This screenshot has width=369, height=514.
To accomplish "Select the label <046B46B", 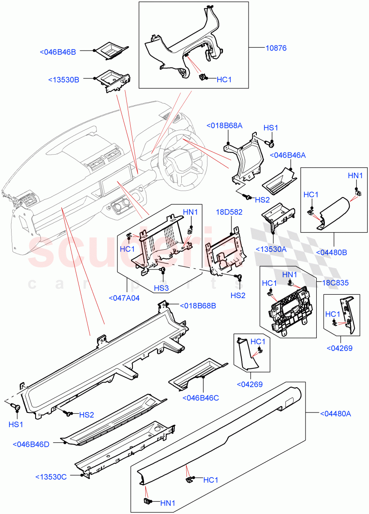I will pos(58,52).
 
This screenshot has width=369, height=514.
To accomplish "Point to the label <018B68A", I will pos(224,126).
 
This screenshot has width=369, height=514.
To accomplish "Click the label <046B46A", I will pos(284,155).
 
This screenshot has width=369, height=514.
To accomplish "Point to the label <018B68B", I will pos(197,306).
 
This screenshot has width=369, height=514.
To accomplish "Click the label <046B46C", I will pos(201,398).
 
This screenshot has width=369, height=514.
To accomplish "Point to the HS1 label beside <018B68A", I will pos(271,128).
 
